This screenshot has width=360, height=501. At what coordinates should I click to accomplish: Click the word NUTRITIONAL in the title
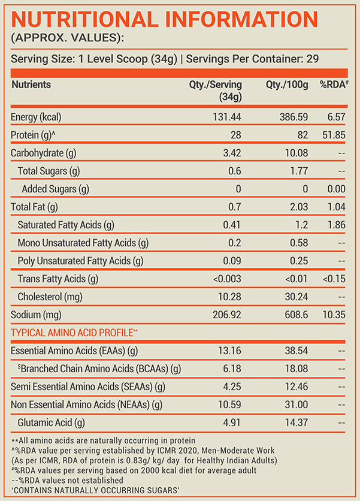(x=85, y=19)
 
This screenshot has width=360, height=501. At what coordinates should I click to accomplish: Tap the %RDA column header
(x=334, y=84)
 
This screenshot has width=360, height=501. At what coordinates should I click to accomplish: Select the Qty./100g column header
(x=287, y=85)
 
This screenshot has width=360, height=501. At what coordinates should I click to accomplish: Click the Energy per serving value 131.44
(x=227, y=117)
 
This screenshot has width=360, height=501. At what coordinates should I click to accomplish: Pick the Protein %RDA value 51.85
(x=334, y=135)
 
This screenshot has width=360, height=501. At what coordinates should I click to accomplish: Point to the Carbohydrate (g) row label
(x=44, y=153)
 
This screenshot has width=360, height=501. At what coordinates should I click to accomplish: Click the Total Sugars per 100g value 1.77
(x=299, y=171)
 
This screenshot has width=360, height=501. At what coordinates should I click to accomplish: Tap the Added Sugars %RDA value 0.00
(x=337, y=189)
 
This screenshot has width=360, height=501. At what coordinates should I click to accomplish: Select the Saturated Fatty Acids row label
(x=66, y=225)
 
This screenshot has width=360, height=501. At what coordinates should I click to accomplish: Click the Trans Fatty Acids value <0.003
(x=227, y=279)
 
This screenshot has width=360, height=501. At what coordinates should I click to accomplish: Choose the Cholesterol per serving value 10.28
(x=229, y=297)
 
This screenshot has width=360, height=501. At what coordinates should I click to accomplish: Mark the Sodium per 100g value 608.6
(x=297, y=315)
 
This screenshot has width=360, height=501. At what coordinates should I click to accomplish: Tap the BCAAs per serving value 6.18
(x=232, y=369)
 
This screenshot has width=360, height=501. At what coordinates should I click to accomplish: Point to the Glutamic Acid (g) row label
(x=51, y=422)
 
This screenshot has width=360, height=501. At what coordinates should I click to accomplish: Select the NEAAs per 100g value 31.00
(x=297, y=405)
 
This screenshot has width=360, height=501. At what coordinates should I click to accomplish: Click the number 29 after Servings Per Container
(x=313, y=59)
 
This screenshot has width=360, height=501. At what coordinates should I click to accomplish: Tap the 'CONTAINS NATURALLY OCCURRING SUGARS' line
(x=95, y=490)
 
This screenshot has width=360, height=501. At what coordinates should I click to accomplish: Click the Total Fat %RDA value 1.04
(x=337, y=207)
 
